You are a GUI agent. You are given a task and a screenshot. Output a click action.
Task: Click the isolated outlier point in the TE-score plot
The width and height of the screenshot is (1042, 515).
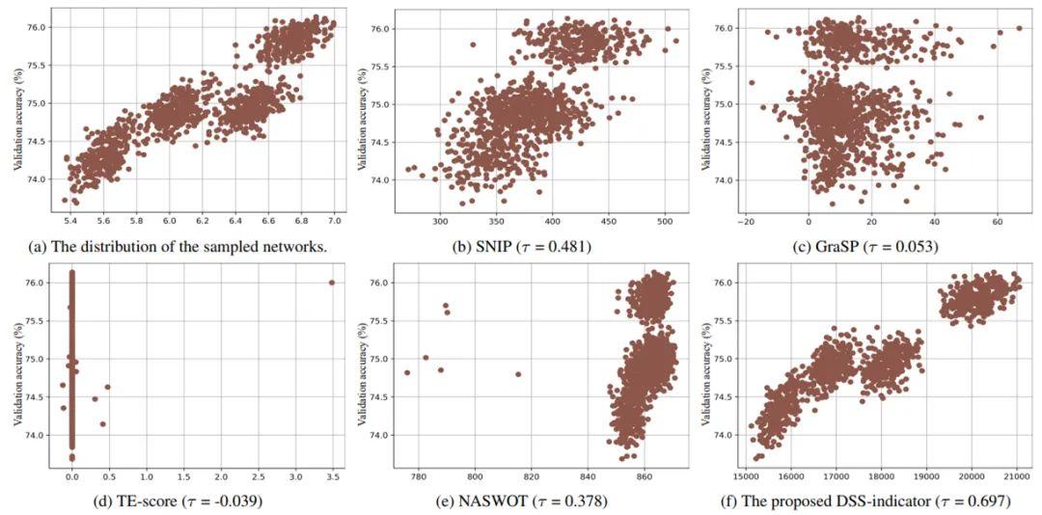[x=331, y=283]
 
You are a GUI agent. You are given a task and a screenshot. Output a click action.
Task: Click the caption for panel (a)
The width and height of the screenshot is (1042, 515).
[x=173, y=246]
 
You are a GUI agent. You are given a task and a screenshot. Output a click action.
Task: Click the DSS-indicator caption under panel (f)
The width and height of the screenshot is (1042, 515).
[x=867, y=501]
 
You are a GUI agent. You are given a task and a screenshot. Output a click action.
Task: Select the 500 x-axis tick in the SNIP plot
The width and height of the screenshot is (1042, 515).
[x=666, y=220]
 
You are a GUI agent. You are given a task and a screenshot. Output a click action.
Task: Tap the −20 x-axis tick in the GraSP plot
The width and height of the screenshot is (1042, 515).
[x=745, y=220]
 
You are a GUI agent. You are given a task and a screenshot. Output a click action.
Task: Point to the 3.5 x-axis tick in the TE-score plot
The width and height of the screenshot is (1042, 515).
[x=331, y=476]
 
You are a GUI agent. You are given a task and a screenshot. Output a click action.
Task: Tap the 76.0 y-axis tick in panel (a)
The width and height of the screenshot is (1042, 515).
[x=39, y=27]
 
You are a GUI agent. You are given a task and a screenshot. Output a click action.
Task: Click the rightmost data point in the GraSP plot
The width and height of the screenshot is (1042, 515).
[x=1019, y=28]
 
